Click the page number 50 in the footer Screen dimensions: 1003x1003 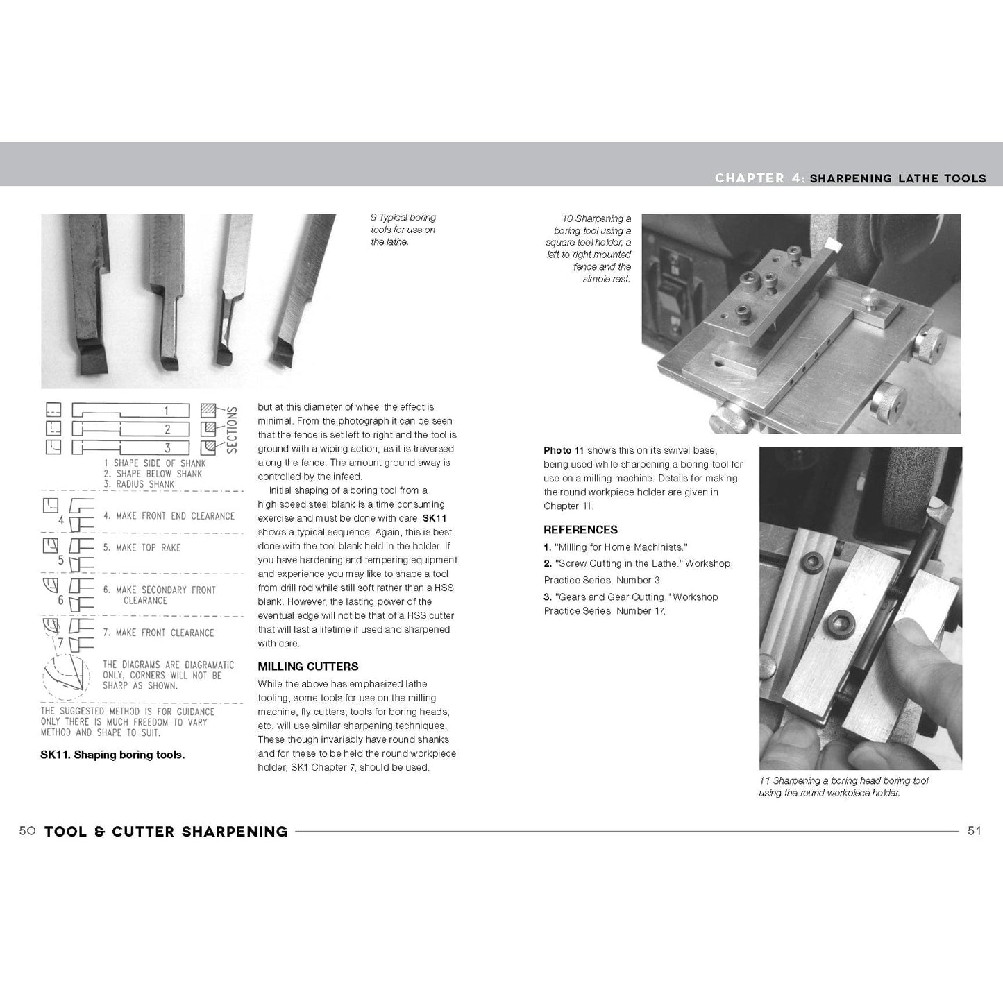pyautogui.click(x=27, y=831)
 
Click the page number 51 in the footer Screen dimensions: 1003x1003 pyautogui.click(x=974, y=831)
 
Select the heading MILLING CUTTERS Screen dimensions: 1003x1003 pyautogui.click(x=308, y=666)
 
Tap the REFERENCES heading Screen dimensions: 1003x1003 pyautogui.click(x=580, y=529)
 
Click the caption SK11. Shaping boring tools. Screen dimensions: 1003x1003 pyautogui.click(x=112, y=755)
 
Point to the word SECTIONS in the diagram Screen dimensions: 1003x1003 pyautogui.click(x=232, y=430)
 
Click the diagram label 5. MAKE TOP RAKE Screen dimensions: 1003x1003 pyautogui.click(x=142, y=547)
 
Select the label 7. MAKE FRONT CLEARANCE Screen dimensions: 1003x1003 pyautogui.click(x=158, y=633)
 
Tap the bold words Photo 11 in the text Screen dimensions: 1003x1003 pyautogui.click(x=563, y=450)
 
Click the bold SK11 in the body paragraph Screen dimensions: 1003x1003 pyautogui.click(x=435, y=518)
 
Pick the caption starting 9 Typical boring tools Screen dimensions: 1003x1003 pyautogui.click(x=403, y=230)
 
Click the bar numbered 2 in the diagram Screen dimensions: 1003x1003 pyautogui.click(x=130, y=429)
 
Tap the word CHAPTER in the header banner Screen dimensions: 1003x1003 pyautogui.click(x=750, y=178)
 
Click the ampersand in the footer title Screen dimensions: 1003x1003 pyautogui.click(x=99, y=831)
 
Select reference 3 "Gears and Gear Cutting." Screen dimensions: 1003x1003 pyautogui.click(x=630, y=603)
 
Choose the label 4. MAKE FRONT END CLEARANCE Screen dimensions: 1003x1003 pyautogui.click(x=169, y=516)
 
